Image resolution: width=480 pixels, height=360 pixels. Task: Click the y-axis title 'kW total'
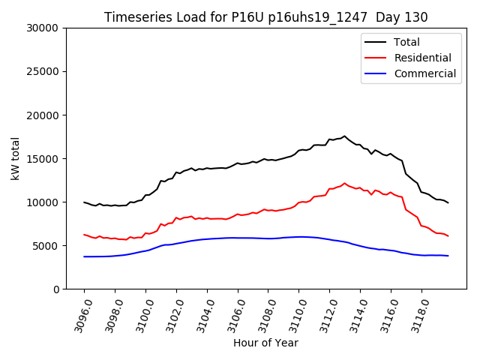16,158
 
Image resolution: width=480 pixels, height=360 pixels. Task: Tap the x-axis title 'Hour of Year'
265,343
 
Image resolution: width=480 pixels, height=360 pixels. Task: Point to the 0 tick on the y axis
56,289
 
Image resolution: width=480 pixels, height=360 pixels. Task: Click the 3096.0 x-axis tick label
77,313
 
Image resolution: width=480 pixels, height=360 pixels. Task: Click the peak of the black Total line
344,136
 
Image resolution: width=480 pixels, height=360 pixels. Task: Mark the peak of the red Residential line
344,183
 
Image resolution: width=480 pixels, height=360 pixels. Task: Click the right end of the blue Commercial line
448,256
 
